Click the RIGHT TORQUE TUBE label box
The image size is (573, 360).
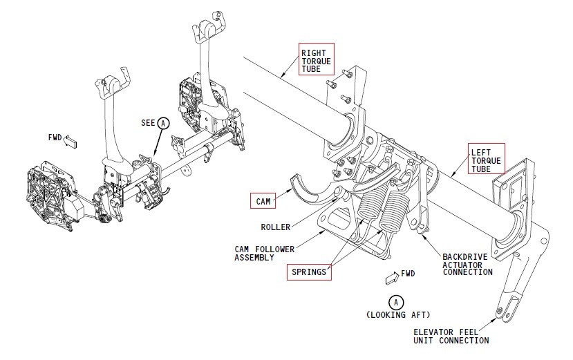point(316,59)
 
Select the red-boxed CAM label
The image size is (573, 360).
point(263,201)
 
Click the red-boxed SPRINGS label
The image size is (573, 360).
point(308,272)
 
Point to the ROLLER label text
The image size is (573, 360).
point(276,227)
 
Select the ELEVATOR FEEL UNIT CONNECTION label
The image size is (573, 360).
point(451,336)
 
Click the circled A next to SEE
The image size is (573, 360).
point(164,123)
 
